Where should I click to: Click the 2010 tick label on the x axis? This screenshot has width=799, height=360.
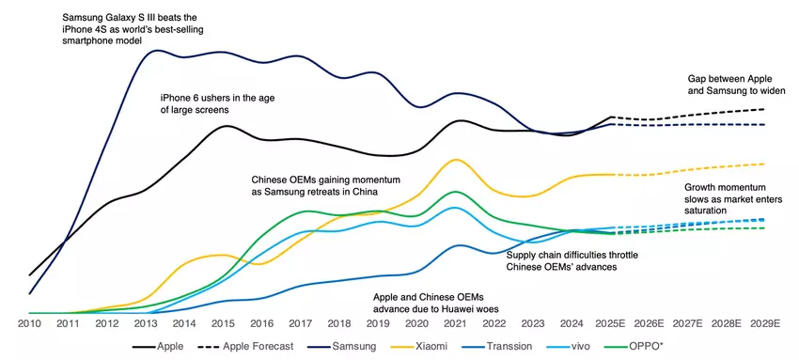30,322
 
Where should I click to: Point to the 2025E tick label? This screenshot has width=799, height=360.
613,322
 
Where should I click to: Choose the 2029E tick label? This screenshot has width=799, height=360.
765,322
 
